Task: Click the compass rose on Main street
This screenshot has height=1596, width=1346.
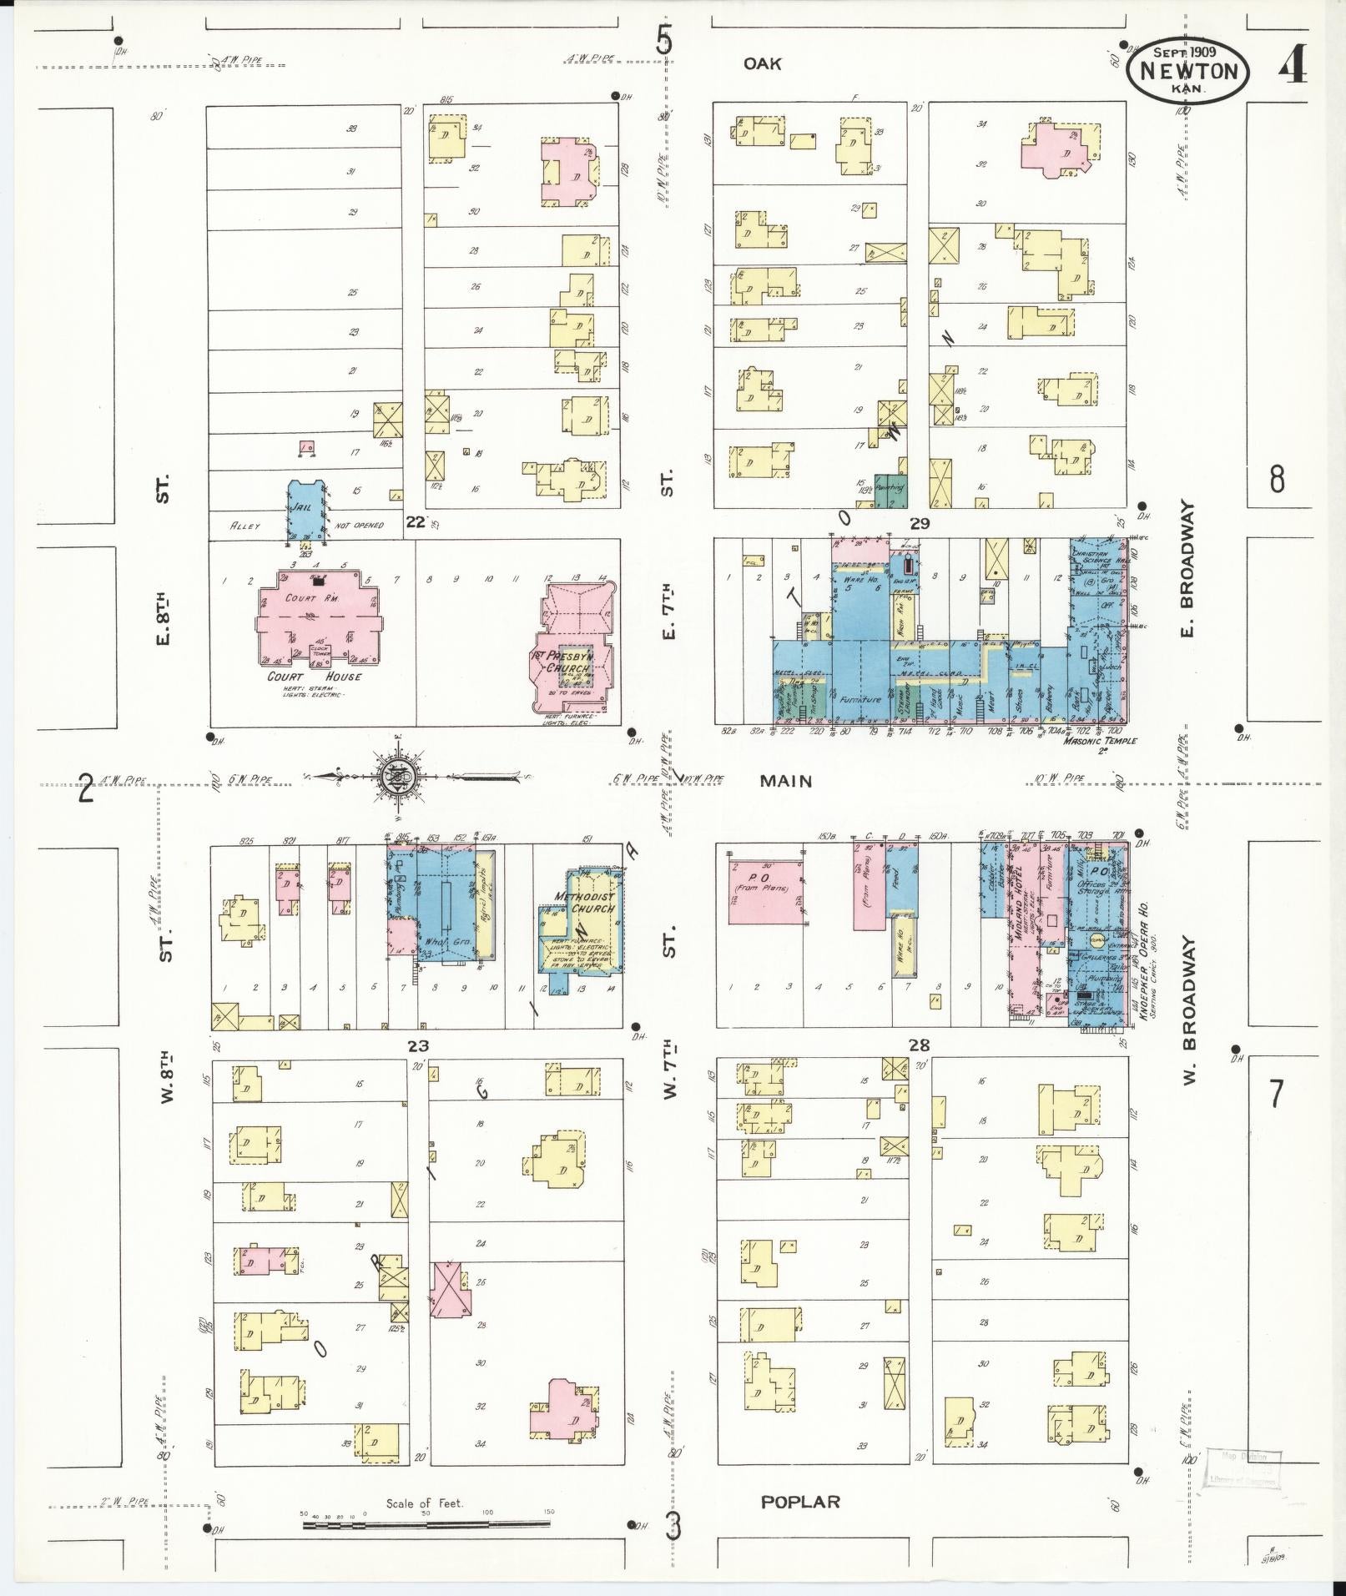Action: click(x=396, y=778)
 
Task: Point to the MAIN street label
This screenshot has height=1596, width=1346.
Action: click(x=785, y=781)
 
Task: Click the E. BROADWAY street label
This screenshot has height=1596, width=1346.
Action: click(x=1187, y=567)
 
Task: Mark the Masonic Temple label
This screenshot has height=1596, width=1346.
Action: click(x=1100, y=740)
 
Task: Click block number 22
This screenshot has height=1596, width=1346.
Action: click(x=415, y=522)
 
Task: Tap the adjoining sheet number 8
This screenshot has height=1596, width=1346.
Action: click(x=1276, y=480)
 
